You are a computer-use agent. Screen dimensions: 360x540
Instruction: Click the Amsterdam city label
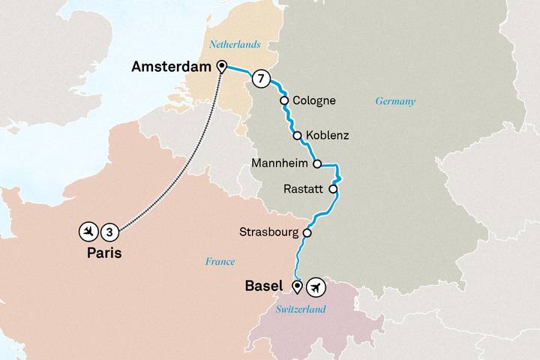pyautogui.click(x=171, y=67)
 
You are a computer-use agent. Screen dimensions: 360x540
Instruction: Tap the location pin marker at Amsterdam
pyautogui.click(x=221, y=67)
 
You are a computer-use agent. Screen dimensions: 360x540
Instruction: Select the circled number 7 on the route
pyautogui.click(x=259, y=78)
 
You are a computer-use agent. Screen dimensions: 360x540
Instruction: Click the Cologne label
pyautogui.click(x=314, y=100)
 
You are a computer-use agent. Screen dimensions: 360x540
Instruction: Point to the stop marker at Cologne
pyautogui.click(x=284, y=100)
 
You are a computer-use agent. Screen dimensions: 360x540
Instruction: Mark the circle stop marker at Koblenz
pyautogui.click(x=298, y=136)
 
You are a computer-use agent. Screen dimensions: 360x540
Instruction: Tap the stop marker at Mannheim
pyautogui.click(x=316, y=163)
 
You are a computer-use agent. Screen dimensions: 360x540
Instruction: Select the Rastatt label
pyautogui.click(x=304, y=190)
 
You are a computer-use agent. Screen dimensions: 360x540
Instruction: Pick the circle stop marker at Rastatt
pyautogui.click(x=333, y=190)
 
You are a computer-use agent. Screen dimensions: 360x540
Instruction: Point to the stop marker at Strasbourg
pyautogui.click(x=307, y=232)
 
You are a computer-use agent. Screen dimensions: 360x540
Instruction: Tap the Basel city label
pyautogui.click(x=264, y=286)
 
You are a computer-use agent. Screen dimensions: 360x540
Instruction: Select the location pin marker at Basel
pyautogui.click(x=297, y=286)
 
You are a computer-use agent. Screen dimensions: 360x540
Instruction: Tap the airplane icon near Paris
pyautogui.click(x=89, y=230)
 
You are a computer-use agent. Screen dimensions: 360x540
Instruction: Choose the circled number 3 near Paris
pyautogui.click(x=109, y=230)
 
